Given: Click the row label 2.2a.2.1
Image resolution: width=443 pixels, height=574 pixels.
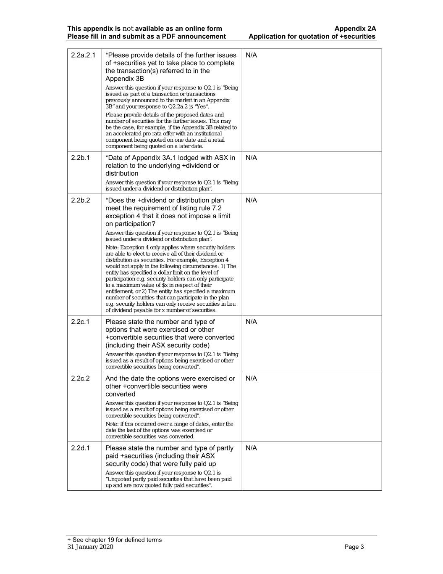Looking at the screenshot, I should [83, 55].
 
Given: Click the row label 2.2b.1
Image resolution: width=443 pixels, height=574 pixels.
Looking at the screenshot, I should [80, 158].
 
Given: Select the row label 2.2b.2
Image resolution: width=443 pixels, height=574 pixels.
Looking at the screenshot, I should [81, 200].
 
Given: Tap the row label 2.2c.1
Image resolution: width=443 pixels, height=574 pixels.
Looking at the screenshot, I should [80, 322].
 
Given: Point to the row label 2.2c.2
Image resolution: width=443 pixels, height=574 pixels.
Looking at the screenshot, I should [81, 378].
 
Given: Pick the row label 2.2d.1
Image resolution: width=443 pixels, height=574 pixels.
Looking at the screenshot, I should [81, 448].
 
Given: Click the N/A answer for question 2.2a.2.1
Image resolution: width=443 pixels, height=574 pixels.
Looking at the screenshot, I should [251, 55].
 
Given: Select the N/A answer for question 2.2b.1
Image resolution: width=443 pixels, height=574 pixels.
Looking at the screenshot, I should [251, 158].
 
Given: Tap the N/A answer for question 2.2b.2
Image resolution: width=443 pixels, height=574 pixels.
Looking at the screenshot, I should [251, 200].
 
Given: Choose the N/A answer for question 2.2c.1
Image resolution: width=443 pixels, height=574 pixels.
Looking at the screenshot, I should [251, 322].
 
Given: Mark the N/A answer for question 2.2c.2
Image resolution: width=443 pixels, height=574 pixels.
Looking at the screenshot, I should [251, 378].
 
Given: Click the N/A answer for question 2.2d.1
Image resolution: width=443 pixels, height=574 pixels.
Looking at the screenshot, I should [251, 448].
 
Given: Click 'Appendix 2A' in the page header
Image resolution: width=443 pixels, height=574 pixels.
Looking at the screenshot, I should [355, 29].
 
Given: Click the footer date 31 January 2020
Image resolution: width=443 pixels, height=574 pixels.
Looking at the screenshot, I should [90, 547].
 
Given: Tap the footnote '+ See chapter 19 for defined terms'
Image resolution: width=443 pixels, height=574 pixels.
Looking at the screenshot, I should [114, 540].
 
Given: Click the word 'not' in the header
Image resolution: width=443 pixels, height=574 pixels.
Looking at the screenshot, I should [128, 29].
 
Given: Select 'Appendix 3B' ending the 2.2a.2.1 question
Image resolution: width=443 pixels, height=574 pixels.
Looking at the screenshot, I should [125, 79].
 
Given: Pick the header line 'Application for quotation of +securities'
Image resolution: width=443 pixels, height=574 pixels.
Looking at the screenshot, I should [312, 36].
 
